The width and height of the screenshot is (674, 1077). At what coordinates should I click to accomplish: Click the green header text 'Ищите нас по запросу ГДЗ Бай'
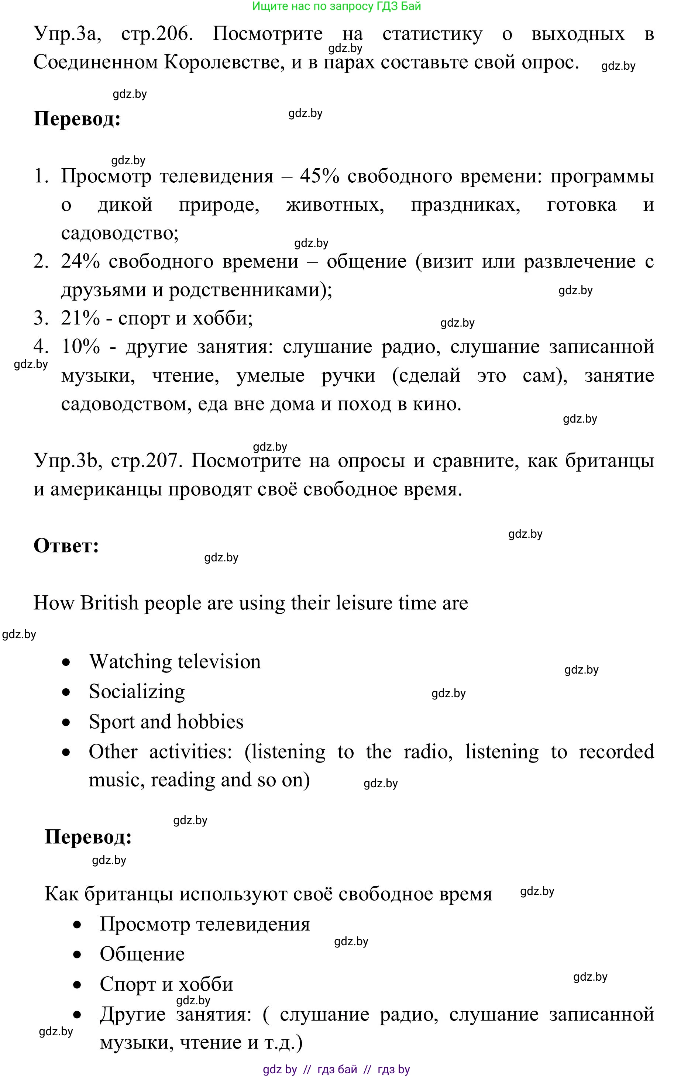(x=337, y=6)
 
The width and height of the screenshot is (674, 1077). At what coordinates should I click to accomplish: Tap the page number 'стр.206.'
(x=157, y=34)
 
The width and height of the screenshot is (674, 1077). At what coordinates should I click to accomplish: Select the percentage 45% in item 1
(x=319, y=176)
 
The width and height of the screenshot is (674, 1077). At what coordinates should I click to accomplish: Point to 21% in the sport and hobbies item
(x=80, y=319)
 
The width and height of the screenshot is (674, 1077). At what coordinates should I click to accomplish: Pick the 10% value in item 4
(x=80, y=347)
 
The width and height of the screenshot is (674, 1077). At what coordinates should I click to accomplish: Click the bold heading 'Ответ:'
(x=66, y=546)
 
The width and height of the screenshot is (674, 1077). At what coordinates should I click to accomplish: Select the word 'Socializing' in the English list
(x=137, y=692)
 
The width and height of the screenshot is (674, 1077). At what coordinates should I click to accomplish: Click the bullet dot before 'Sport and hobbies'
(x=66, y=722)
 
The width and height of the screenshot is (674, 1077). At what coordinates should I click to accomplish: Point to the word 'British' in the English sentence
(x=110, y=603)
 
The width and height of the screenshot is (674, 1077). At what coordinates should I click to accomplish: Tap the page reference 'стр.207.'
(x=147, y=461)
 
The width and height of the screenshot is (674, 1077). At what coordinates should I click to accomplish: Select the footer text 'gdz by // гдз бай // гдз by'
(x=337, y=1069)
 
